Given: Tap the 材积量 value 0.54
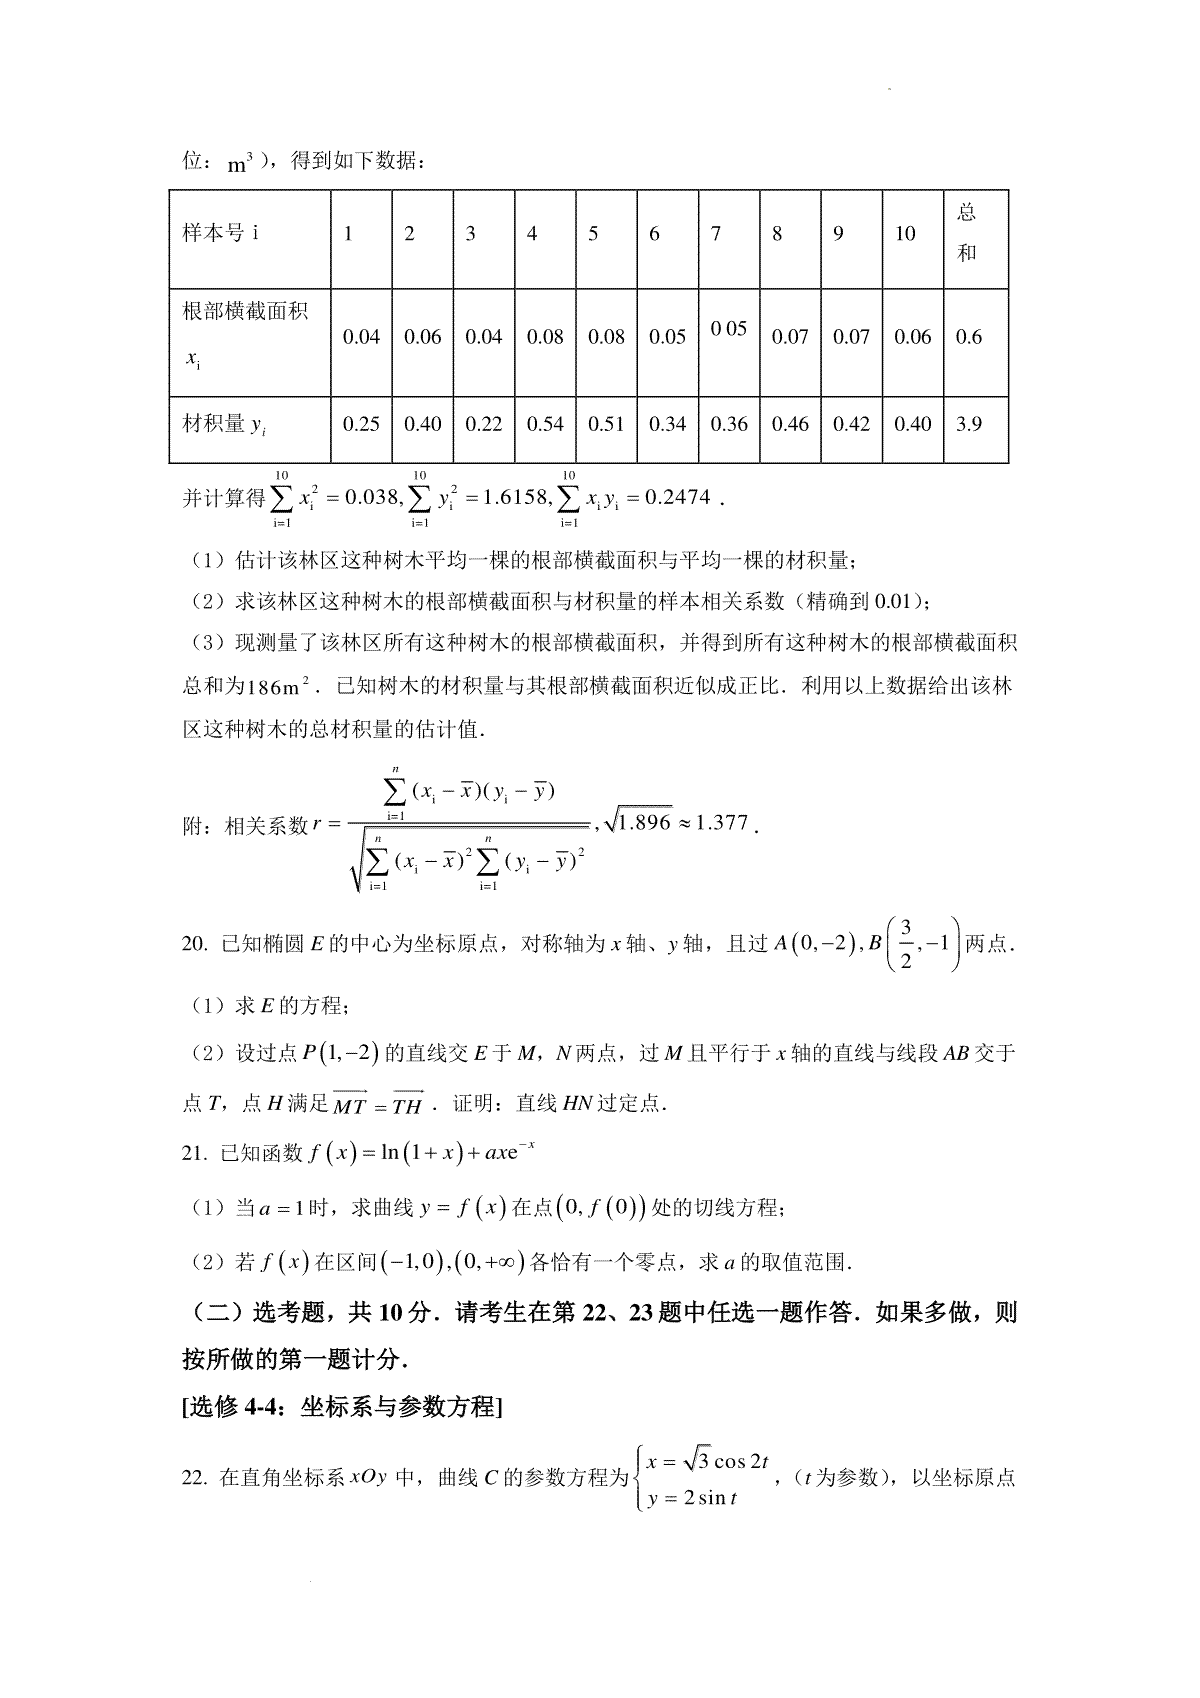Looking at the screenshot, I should pos(545,424).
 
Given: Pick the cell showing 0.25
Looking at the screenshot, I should pos(361,424).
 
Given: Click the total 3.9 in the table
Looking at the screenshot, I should pos(968,424).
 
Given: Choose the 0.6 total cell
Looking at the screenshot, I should pos(968,337).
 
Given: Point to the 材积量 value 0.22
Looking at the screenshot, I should pos(484,424).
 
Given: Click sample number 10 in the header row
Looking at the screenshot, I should pos(905,234).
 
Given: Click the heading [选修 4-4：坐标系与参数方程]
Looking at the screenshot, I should pos(342,1407).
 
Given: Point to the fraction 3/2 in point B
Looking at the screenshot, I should pos(905,945).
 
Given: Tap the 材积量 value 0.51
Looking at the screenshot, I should pos(606,424).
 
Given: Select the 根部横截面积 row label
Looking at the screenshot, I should pos(245,310).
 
